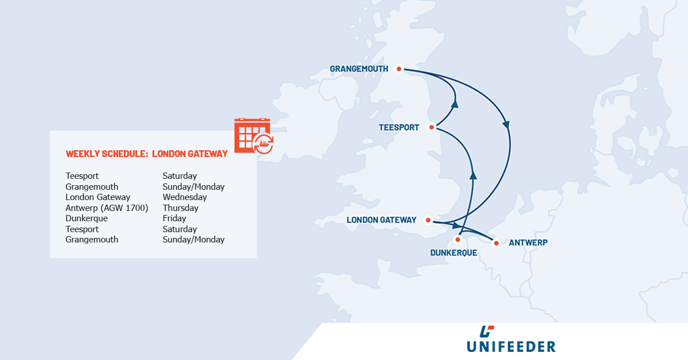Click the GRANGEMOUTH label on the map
pyautogui.click(x=359, y=69)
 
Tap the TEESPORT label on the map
pyautogui.click(x=399, y=127)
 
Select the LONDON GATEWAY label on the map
pyautogui.click(x=381, y=220)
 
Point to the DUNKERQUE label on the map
pyautogui.click(x=454, y=252)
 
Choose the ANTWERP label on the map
pyautogui.click(x=528, y=243)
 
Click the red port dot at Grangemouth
pyautogui.click(x=399, y=69)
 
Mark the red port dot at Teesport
pyautogui.click(x=431, y=127)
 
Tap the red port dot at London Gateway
pyautogui.click(x=428, y=220)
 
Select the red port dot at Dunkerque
pyautogui.click(x=458, y=239)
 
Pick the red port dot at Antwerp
pyautogui.click(x=497, y=243)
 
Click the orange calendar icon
pyautogui.click(x=253, y=136)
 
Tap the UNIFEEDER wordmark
pyautogui.click(x=510, y=346)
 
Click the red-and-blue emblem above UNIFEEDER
pyautogui.click(x=487, y=331)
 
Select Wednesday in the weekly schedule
pyautogui.click(x=185, y=197)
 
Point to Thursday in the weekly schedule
pyautogui.click(x=181, y=208)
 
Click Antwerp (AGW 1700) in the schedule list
pyautogui.click(x=107, y=208)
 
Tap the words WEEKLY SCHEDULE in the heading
pyautogui.click(x=106, y=154)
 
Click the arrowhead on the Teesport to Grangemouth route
pyautogui.click(x=456, y=104)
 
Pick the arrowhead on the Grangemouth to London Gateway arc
pyautogui.click(x=506, y=123)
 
